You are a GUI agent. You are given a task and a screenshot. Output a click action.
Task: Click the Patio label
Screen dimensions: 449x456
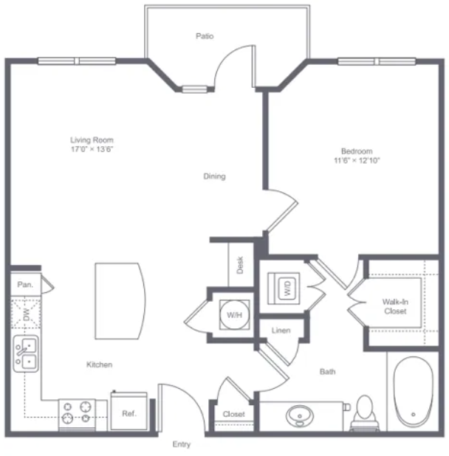205,36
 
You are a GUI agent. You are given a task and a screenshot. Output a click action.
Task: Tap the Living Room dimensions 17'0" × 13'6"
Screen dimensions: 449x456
92,149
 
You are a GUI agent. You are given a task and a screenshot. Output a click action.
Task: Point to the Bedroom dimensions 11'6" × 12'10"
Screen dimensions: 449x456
357,160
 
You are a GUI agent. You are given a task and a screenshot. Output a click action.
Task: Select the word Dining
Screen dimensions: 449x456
214,176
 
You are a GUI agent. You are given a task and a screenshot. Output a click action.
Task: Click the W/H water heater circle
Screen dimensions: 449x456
235,314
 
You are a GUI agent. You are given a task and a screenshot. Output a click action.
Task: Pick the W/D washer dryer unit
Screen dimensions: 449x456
284,289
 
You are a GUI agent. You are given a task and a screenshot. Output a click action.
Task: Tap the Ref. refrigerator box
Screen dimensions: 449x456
129,411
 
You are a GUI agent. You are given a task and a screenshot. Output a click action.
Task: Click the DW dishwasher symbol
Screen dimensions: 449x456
26,313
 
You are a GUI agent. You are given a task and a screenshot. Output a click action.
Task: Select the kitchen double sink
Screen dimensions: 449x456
26,353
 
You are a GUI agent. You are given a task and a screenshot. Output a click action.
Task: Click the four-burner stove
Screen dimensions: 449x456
77,415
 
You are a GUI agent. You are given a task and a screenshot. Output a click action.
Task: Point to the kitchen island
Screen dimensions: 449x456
120,301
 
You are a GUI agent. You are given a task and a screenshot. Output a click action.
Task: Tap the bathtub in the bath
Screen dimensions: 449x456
414,392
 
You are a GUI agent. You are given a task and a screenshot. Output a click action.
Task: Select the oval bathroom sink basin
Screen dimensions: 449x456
300,416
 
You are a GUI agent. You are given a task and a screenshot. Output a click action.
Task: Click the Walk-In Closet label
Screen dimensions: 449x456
395,306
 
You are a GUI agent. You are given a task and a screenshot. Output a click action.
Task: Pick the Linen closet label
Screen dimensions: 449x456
281,331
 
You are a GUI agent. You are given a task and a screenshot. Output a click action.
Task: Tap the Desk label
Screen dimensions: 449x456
240,265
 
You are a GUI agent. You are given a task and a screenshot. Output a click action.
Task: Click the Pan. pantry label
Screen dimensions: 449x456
25,284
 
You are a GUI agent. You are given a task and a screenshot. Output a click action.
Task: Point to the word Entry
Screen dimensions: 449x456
181,444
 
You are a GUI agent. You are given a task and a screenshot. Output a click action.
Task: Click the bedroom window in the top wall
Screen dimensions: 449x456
377,61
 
